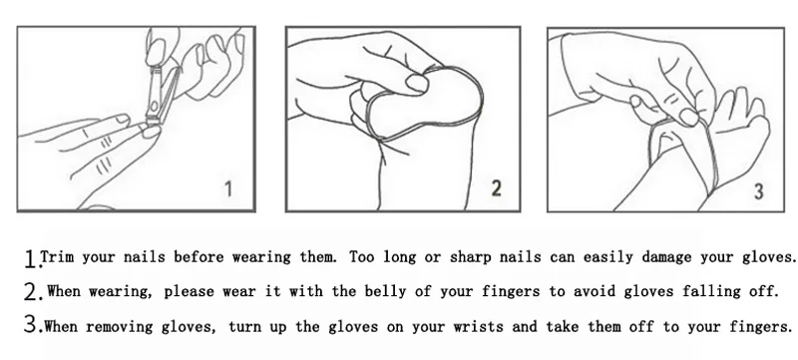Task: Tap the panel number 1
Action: click(228, 189)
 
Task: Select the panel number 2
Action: click(496, 187)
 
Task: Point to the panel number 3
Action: click(758, 191)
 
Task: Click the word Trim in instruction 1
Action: click(57, 256)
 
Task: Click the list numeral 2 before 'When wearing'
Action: click(31, 292)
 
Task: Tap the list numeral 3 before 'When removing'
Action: click(31, 324)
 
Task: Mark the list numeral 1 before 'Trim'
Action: click(31, 259)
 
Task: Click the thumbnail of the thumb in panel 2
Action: click(417, 83)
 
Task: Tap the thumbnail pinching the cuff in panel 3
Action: click(690, 118)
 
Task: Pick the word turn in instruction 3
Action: click(244, 326)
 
